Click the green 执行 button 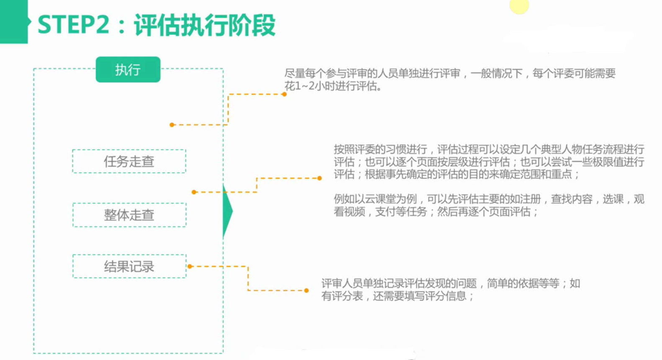click(128, 69)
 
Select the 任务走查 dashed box click(129, 161)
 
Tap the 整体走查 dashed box click(129, 215)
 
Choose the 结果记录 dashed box click(129, 266)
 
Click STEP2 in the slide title click(73, 25)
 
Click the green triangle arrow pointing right click(227, 211)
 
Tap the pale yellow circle click(519, 5)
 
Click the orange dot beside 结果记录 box click(190, 266)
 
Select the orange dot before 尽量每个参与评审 click(285, 94)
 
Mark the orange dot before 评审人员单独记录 click(307, 290)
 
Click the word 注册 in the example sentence click(530, 199)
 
